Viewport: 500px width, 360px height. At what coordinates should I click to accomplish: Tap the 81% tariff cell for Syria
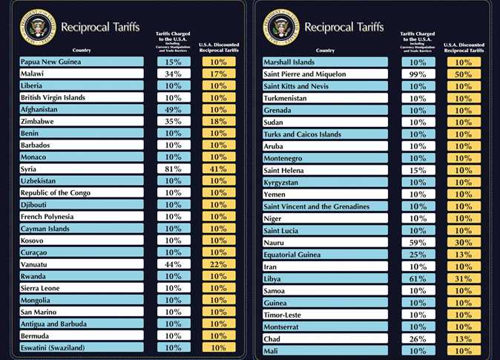click(174, 169)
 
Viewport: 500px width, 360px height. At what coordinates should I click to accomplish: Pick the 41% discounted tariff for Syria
click(218, 169)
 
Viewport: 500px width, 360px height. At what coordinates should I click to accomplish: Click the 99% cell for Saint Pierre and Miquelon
click(418, 74)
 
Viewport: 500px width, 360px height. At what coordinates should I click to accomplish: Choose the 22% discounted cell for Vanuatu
click(218, 264)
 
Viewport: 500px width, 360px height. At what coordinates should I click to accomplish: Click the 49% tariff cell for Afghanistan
click(174, 110)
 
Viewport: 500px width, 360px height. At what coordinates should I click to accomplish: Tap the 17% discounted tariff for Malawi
click(218, 74)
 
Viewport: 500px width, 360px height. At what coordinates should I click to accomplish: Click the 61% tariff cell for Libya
click(418, 278)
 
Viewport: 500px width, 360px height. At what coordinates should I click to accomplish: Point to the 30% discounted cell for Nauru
click(462, 242)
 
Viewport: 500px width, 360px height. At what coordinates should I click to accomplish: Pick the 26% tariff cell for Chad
click(418, 338)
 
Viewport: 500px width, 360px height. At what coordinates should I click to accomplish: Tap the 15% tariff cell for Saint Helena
click(418, 171)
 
